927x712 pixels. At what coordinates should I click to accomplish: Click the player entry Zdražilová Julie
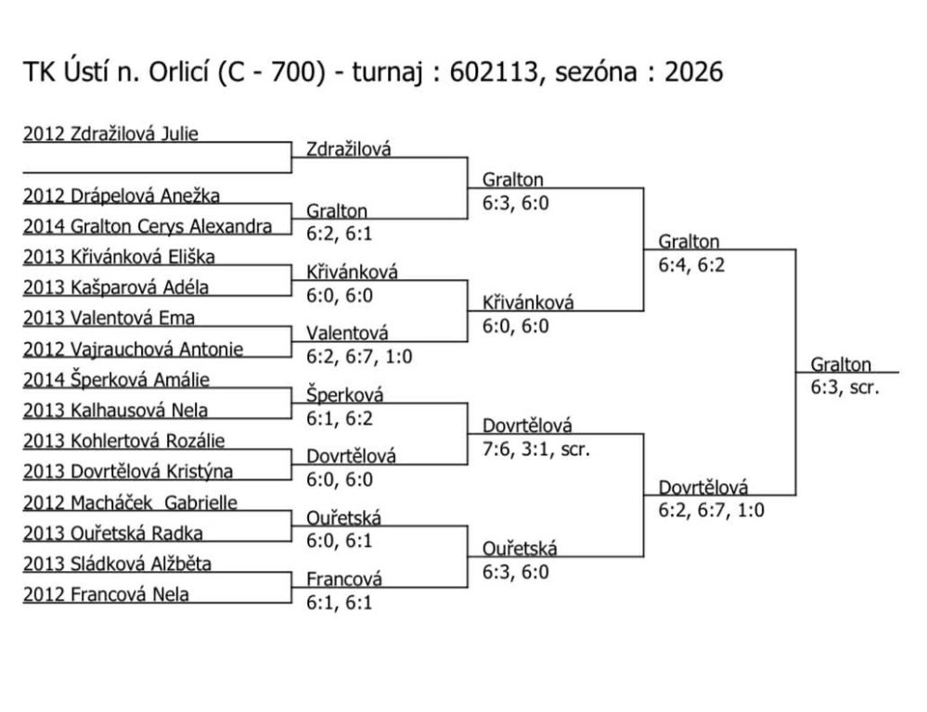(110, 133)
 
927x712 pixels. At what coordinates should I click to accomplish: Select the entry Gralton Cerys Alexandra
(148, 226)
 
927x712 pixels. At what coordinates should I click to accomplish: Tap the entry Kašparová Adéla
(116, 287)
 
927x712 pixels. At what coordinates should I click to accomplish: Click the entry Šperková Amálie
(116, 379)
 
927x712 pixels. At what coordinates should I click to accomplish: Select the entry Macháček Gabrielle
(130, 502)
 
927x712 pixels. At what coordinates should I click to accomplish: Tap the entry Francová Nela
(106, 594)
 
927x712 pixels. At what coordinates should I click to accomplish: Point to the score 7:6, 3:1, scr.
(537, 449)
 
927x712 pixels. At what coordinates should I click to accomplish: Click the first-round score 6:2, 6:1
(340, 234)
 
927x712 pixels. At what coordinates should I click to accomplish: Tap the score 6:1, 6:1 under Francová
(340, 602)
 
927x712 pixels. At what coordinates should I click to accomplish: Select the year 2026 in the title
(692, 72)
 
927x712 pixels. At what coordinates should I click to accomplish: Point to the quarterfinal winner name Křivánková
(528, 302)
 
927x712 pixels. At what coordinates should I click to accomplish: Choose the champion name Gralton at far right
(841, 364)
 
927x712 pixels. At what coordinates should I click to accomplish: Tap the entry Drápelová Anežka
(122, 196)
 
